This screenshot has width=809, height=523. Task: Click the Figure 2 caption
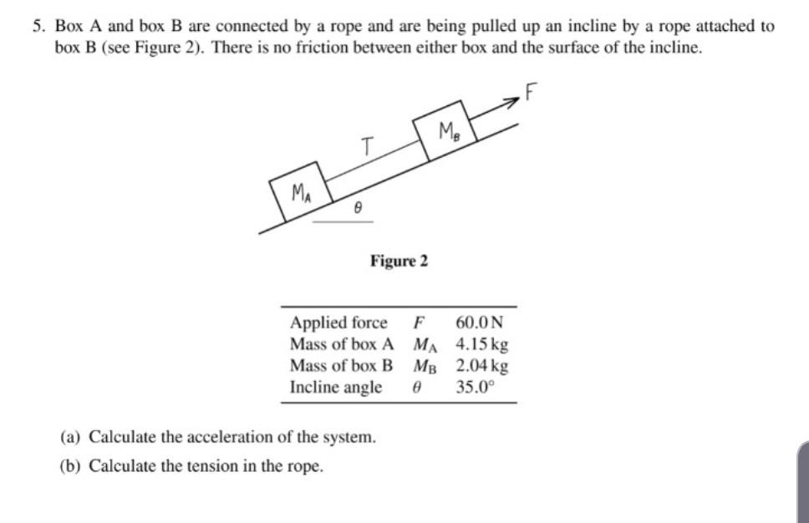pyautogui.click(x=399, y=261)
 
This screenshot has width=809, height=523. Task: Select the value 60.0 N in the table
pyautogui.click(x=481, y=322)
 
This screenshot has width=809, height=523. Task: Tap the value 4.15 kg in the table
pyautogui.click(x=482, y=344)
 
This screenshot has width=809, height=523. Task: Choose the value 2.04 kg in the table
pyautogui.click(x=482, y=366)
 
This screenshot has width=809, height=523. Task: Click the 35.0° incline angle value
pyautogui.click(x=476, y=388)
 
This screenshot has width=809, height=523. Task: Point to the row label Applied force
pyautogui.click(x=338, y=322)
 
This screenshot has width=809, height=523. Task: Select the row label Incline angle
pyautogui.click(x=335, y=388)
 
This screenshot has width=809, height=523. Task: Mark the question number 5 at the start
pyautogui.click(x=38, y=26)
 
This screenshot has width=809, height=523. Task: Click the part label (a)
pyautogui.click(x=70, y=437)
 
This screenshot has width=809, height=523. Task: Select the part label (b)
pyautogui.click(x=70, y=465)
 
